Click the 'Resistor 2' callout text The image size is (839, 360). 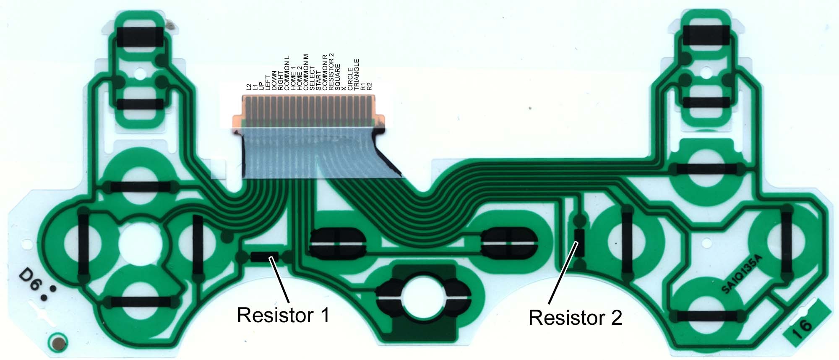pyautogui.click(x=575, y=318)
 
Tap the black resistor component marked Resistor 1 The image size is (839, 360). pyautogui.click(x=265, y=256)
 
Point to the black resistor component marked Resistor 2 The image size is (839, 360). pyautogui.click(x=579, y=243)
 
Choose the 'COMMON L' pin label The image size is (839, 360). pyautogui.click(x=287, y=73)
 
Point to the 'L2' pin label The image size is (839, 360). pyautogui.click(x=249, y=87)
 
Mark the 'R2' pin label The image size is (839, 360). pyautogui.click(x=370, y=87)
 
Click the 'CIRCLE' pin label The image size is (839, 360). pyautogui.click(x=351, y=79)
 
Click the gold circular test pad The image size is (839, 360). pyautogui.click(x=57, y=343)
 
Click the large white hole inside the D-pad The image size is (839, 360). pyautogui.click(x=139, y=243)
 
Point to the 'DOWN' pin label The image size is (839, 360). pyautogui.click(x=274, y=80)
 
